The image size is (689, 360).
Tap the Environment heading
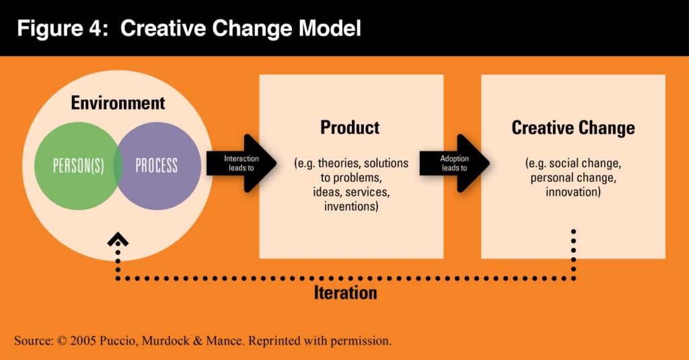118,103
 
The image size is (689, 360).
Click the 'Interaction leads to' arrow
242,163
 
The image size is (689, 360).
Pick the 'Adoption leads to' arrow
454,163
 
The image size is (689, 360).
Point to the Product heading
350,127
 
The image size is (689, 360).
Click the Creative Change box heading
573,128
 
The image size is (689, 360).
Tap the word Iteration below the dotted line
345,293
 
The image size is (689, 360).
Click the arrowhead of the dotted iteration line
118,239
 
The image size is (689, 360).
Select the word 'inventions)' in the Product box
351,206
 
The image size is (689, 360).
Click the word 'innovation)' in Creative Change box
573,192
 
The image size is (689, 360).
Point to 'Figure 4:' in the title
63,28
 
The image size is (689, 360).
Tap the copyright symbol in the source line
62,341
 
